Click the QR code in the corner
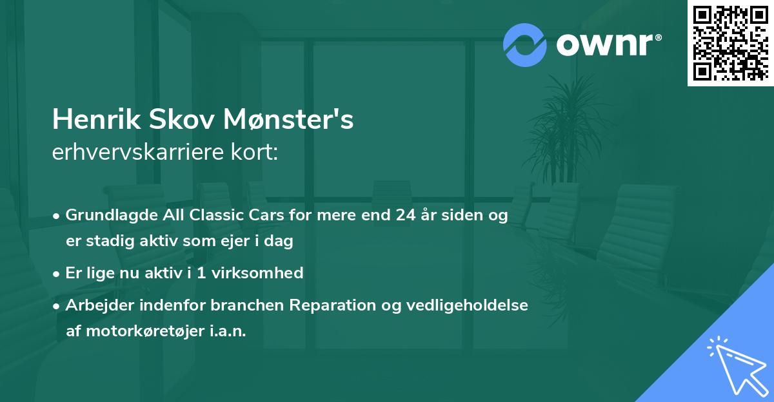[730, 43]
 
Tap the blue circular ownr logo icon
[524, 45]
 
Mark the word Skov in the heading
[172, 120]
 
